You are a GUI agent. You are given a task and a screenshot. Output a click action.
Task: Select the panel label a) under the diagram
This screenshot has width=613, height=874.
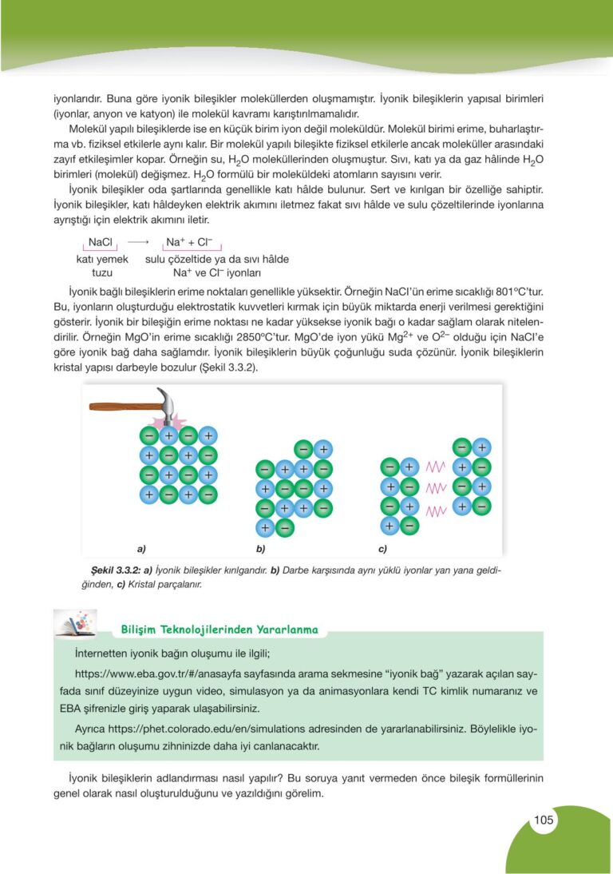141,550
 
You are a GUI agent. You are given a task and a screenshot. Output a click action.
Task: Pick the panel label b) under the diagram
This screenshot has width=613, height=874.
260,550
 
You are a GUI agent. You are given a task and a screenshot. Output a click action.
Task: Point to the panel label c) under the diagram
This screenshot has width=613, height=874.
382,550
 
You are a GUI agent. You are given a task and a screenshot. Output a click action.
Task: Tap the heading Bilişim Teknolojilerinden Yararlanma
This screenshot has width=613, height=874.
219,630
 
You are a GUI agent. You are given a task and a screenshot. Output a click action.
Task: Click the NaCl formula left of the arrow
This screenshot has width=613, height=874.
101,241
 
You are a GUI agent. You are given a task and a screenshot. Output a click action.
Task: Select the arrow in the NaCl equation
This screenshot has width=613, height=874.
139,241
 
